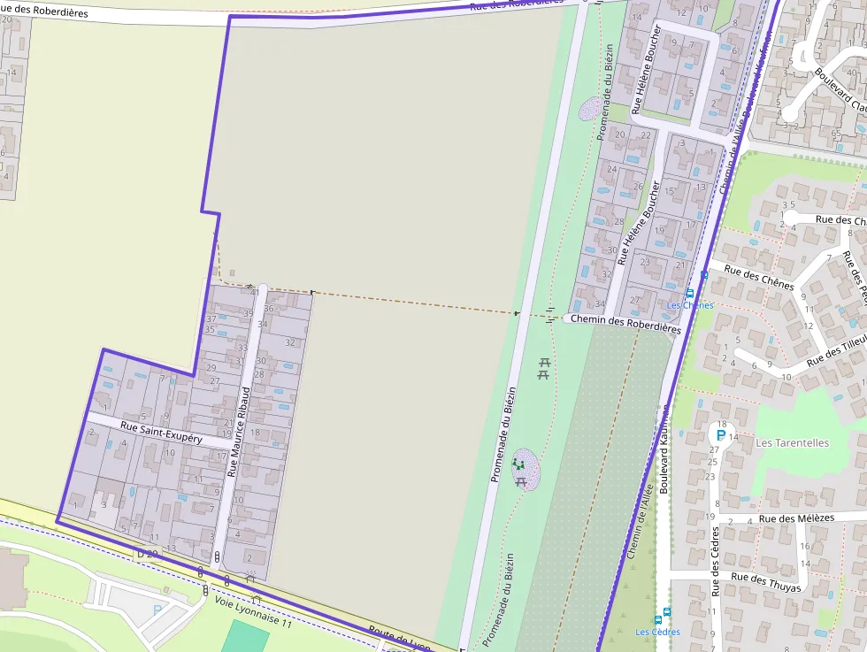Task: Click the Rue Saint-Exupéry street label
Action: [161, 433]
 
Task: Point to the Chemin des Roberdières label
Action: [625, 323]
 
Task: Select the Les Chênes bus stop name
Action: [690, 305]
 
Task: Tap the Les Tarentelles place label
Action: [792, 442]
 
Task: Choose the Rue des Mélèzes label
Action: [796, 518]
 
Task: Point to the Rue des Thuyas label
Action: [766, 582]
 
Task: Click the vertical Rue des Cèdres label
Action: [715, 562]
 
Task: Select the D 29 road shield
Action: [147, 554]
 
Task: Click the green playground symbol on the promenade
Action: [519, 463]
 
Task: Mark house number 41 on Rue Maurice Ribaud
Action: [255, 292]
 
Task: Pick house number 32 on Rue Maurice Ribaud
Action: [289, 342]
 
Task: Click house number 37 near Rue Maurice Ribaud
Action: [211, 318]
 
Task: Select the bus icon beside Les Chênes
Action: [690, 293]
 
